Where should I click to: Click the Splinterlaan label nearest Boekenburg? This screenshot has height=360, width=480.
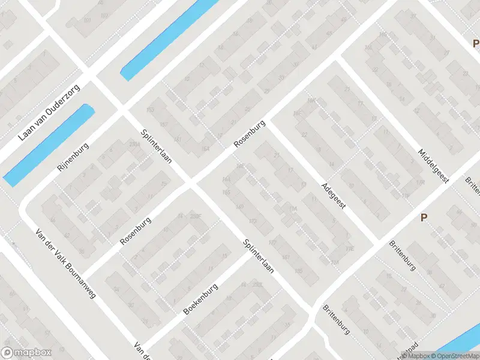click(259, 256)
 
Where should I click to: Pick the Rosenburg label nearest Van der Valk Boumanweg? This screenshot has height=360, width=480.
click(135, 231)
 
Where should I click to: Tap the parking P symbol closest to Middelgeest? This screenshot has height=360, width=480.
click(424, 218)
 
